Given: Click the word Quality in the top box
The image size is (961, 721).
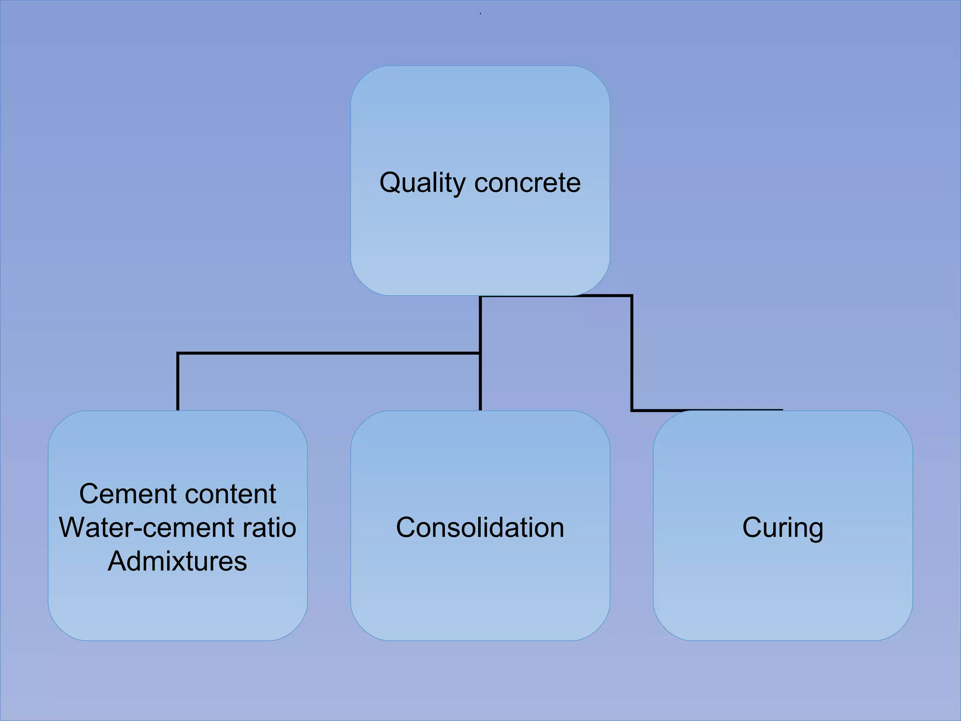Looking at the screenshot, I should (422, 183).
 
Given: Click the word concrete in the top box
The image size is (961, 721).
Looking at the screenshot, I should (527, 183).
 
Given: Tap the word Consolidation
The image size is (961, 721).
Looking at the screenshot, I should (480, 527).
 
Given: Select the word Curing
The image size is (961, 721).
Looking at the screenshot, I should (783, 528).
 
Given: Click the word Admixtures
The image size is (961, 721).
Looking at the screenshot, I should (177, 561).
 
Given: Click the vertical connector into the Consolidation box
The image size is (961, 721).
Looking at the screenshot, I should (480, 383).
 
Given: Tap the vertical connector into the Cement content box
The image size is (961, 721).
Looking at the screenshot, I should (178, 383).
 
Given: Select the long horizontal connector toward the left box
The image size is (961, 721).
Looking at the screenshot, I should (328, 353).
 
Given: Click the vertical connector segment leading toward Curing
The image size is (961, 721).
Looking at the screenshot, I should (632, 352).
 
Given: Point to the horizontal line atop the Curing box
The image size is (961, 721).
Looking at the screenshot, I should (709, 410).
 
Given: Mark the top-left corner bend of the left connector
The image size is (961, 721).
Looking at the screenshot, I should (178, 353).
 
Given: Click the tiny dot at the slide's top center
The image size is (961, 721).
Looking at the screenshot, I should (480, 14).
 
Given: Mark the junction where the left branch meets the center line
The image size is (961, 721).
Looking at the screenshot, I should (480, 353).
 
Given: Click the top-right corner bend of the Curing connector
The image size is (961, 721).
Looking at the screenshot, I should (632, 296).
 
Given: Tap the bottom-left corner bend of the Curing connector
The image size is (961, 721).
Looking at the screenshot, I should (632, 410).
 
